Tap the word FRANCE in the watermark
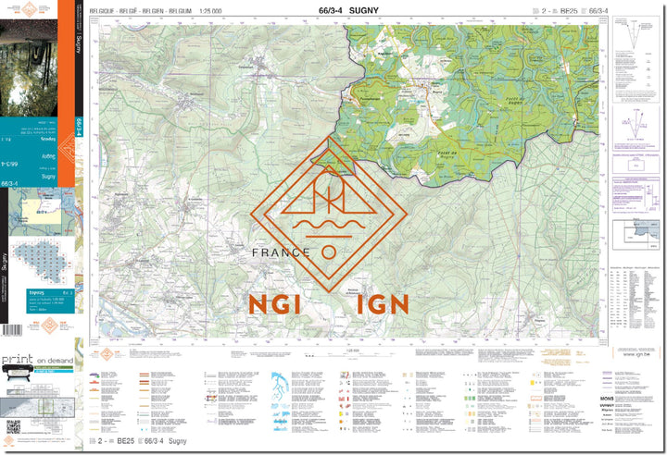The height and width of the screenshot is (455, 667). click(281, 252)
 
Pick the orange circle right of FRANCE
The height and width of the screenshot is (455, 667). click(329, 252)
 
